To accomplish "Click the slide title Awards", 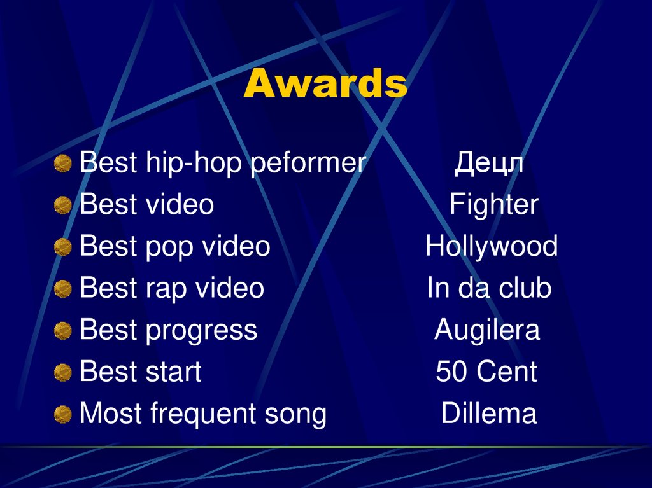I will pyautogui.click(x=325, y=84).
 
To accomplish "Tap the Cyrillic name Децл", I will pyautogui.click(x=489, y=164).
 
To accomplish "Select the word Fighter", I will pyautogui.click(x=493, y=205).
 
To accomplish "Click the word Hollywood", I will pyautogui.click(x=491, y=247).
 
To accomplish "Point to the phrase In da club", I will pyautogui.click(x=489, y=288).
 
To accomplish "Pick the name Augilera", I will pyautogui.click(x=487, y=330).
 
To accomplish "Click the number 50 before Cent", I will pyautogui.click(x=451, y=372).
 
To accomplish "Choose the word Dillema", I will pyautogui.click(x=488, y=414).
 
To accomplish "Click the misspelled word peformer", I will pyautogui.click(x=308, y=164).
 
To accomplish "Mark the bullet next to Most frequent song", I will pyautogui.click(x=62, y=415).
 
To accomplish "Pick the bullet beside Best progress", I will pyautogui.click(x=62, y=331).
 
